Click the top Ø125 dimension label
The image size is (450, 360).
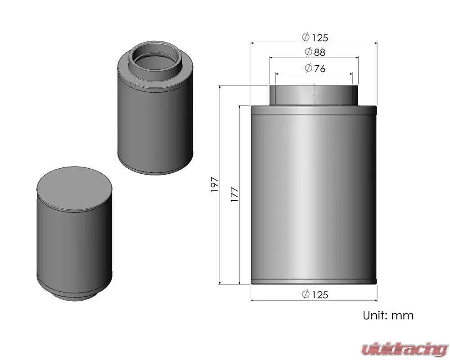coord(315,37)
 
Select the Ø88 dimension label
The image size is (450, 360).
coord(315,52)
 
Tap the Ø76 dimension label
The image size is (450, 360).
coord(315,68)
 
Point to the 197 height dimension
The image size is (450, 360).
coord(215,184)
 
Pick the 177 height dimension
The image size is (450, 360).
coord(234,194)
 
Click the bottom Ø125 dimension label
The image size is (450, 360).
coord(315,295)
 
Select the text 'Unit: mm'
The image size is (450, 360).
coord(388,315)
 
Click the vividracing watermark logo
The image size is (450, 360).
coord(405,349)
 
